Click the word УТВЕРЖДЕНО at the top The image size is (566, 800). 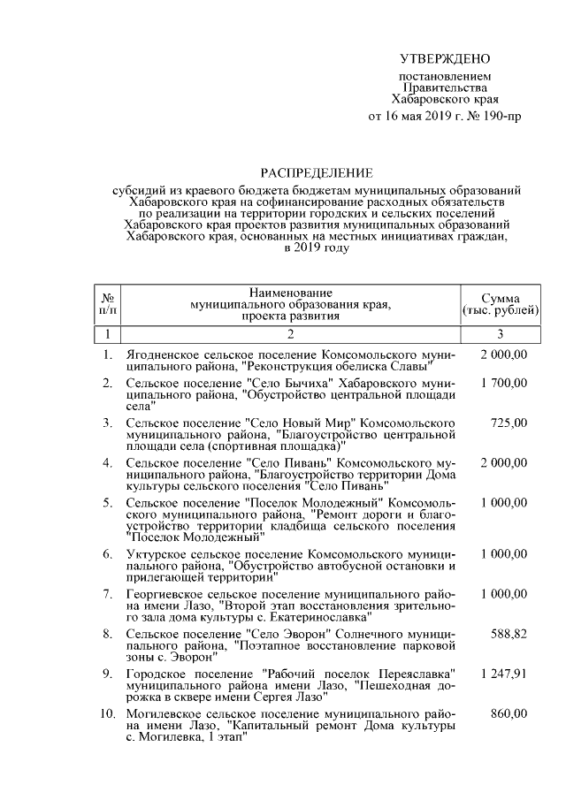(x=444, y=59)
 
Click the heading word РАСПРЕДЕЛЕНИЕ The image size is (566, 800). (x=317, y=172)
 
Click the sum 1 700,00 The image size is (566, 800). (x=504, y=383)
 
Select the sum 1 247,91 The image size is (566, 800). (x=504, y=674)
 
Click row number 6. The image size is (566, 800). (x=107, y=553)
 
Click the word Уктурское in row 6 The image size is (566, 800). (x=156, y=553)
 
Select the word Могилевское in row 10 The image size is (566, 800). (x=163, y=713)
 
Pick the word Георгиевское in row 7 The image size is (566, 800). (x=165, y=594)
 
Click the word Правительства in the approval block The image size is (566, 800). (x=444, y=89)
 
